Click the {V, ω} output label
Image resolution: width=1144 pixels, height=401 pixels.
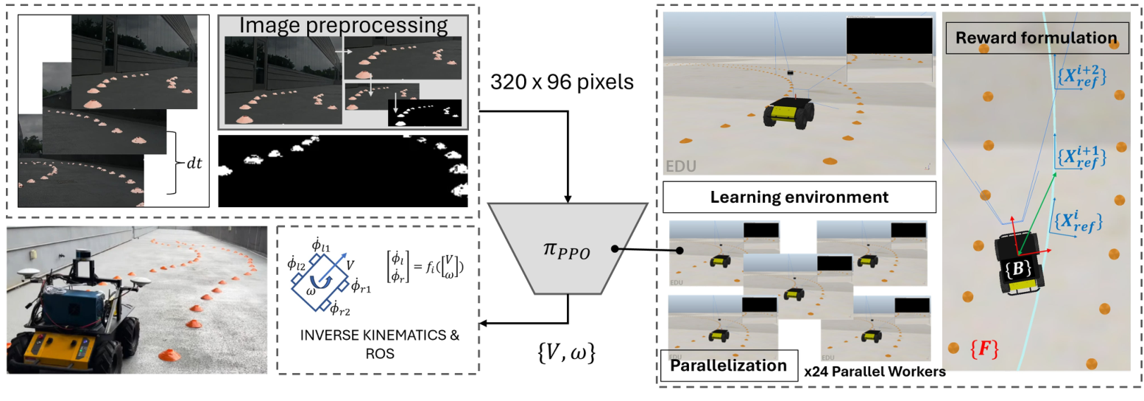point(568,355)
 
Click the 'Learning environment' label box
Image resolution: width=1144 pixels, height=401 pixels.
point(799,198)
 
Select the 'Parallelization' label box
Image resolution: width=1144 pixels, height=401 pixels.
point(730,366)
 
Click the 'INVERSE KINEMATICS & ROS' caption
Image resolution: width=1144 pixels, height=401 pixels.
point(379,343)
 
